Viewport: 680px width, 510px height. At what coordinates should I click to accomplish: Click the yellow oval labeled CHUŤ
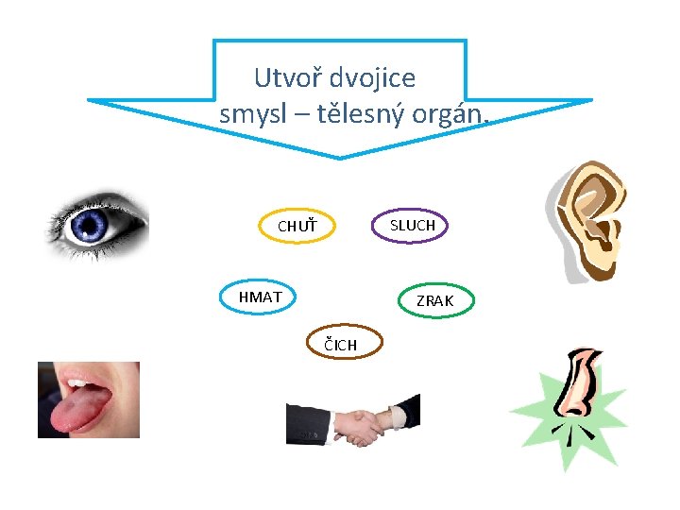point(297,227)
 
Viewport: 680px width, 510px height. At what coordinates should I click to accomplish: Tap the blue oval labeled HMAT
point(260,297)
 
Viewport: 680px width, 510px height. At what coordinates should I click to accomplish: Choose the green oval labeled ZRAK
point(434,300)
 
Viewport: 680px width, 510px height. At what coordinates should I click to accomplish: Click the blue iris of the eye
point(92,225)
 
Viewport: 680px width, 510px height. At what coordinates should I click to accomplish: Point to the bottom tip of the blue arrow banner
point(339,156)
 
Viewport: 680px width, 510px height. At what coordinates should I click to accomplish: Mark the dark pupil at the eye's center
point(92,225)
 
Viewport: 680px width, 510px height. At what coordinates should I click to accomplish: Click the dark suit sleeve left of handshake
point(307,425)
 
